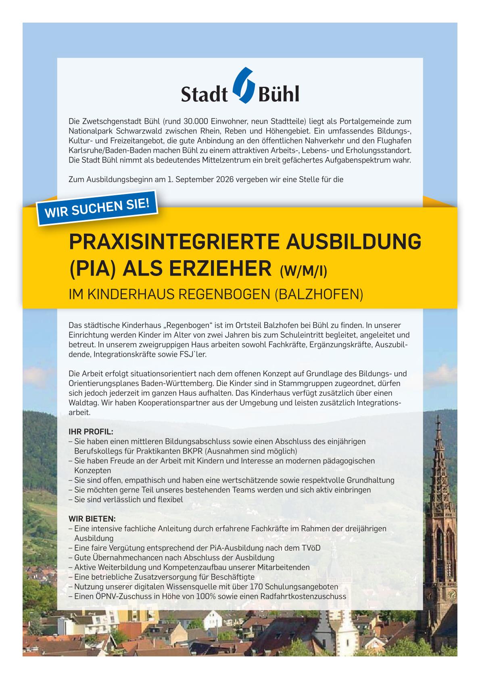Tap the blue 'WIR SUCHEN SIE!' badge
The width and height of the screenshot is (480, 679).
tap(97, 209)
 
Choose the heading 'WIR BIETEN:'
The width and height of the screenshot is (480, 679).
tap(92, 518)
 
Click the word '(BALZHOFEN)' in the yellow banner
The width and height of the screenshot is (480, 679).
tap(319, 294)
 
